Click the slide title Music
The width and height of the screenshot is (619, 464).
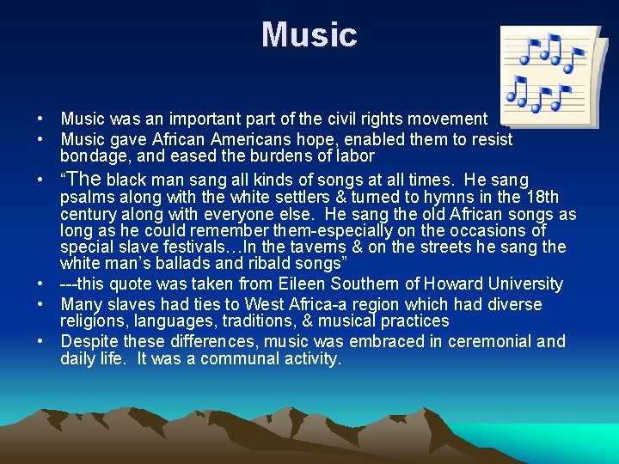point(309,35)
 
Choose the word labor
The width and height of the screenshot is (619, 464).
point(355,156)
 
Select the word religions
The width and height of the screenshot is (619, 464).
point(95,321)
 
